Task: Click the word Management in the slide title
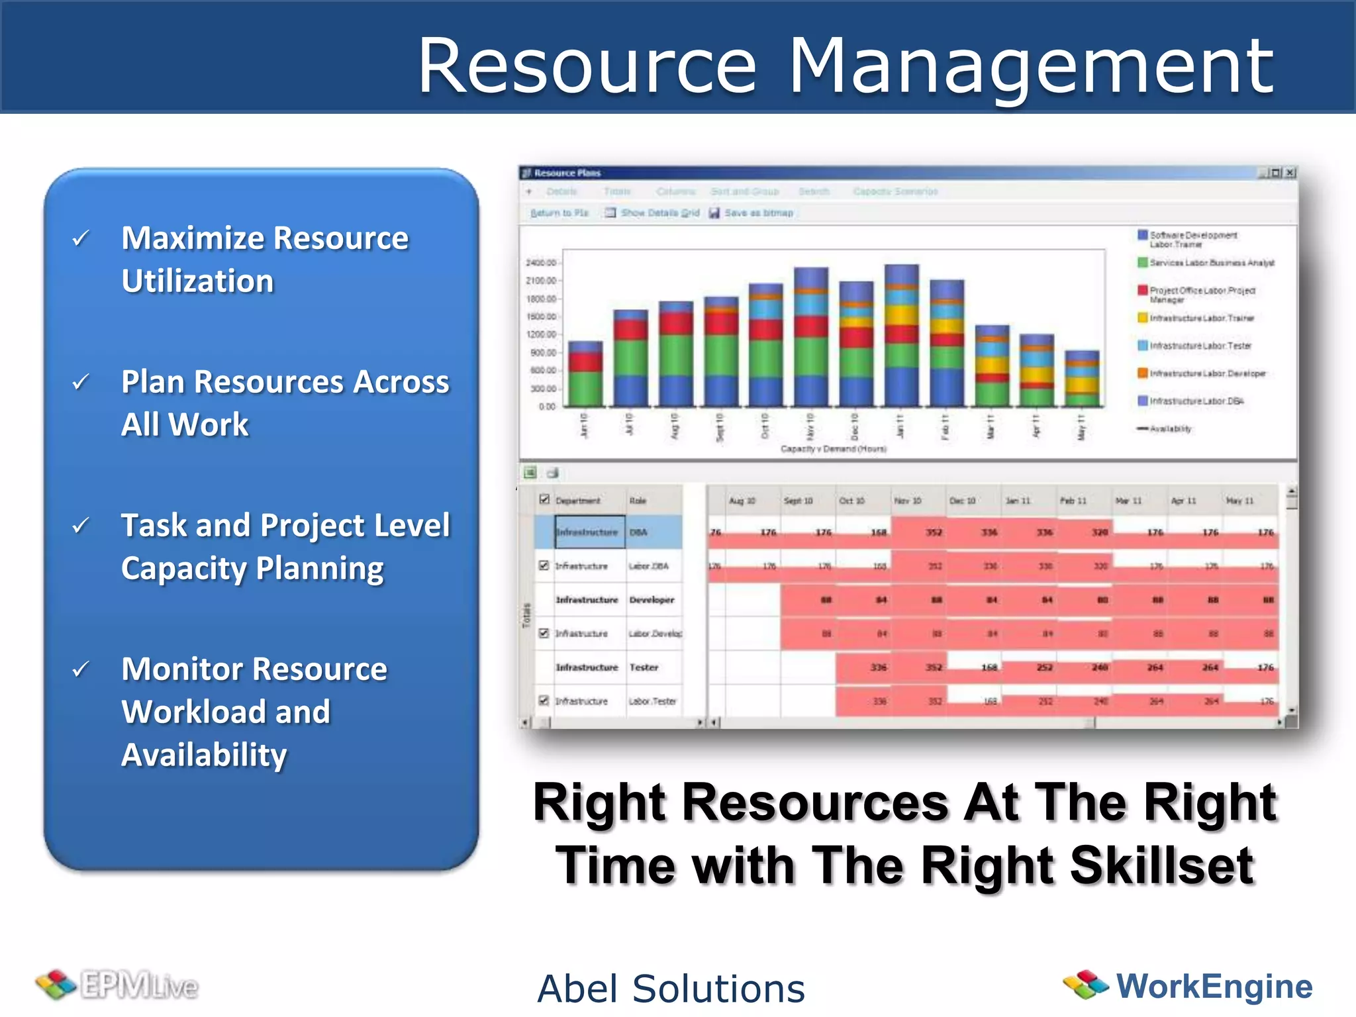point(1030,66)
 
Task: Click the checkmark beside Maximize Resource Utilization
point(81,238)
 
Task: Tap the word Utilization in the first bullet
point(197,281)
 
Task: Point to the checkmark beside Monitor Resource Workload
point(81,669)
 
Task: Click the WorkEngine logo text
point(1214,986)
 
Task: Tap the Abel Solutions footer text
point(671,989)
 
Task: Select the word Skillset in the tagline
point(1161,865)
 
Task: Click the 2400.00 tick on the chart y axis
point(541,263)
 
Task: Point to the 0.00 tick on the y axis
point(547,407)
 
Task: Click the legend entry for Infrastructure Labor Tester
point(1200,346)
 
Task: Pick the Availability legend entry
point(1169,429)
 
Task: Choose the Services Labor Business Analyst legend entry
point(1211,263)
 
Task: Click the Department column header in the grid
point(577,501)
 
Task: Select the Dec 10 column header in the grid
point(961,501)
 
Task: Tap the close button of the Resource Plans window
point(1290,173)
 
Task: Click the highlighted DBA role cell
point(653,532)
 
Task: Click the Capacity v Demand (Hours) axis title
point(833,449)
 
